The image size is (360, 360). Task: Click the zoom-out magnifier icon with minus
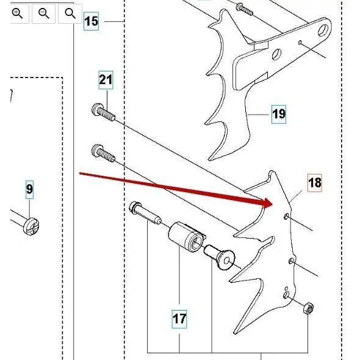pos(44,13)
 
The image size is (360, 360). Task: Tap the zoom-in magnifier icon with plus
pos(17,13)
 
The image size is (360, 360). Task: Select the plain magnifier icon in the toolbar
pos(70,13)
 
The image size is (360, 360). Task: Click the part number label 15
pos(91,22)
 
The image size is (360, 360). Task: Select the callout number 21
pos(106,79)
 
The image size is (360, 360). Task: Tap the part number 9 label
pos(29,190)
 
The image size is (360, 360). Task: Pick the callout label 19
pos(278,113)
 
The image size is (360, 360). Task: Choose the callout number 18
pos(314,182)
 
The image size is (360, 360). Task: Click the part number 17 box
pos(179,318)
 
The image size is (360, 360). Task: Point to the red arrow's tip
pos(271,203)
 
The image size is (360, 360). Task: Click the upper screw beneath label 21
pos(103,112)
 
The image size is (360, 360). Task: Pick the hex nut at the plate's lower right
pos(309,308)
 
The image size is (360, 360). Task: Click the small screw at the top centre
pos(243,8)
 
